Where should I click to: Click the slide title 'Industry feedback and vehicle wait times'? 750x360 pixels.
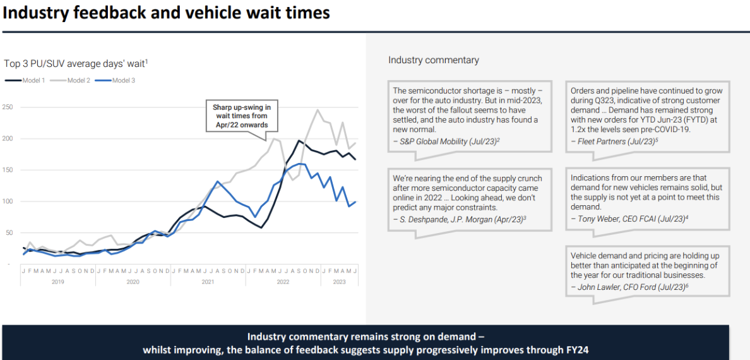point(167,12)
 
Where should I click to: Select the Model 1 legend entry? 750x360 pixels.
point(25,80)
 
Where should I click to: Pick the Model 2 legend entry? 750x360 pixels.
point(71,80)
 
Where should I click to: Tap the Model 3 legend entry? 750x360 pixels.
point(115,80)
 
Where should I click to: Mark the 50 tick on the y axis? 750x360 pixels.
point(8,233)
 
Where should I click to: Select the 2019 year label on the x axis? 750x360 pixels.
point(57,282)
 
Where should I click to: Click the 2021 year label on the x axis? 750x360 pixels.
point(208,282)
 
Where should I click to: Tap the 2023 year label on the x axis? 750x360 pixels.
point(339,282)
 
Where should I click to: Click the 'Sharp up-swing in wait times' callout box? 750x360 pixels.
point(241,116)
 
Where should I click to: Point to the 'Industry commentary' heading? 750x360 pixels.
point(433,60)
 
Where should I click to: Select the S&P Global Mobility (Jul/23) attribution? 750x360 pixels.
point(446,141)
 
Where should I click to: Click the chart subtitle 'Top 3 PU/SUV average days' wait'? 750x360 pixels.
point(76,63)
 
